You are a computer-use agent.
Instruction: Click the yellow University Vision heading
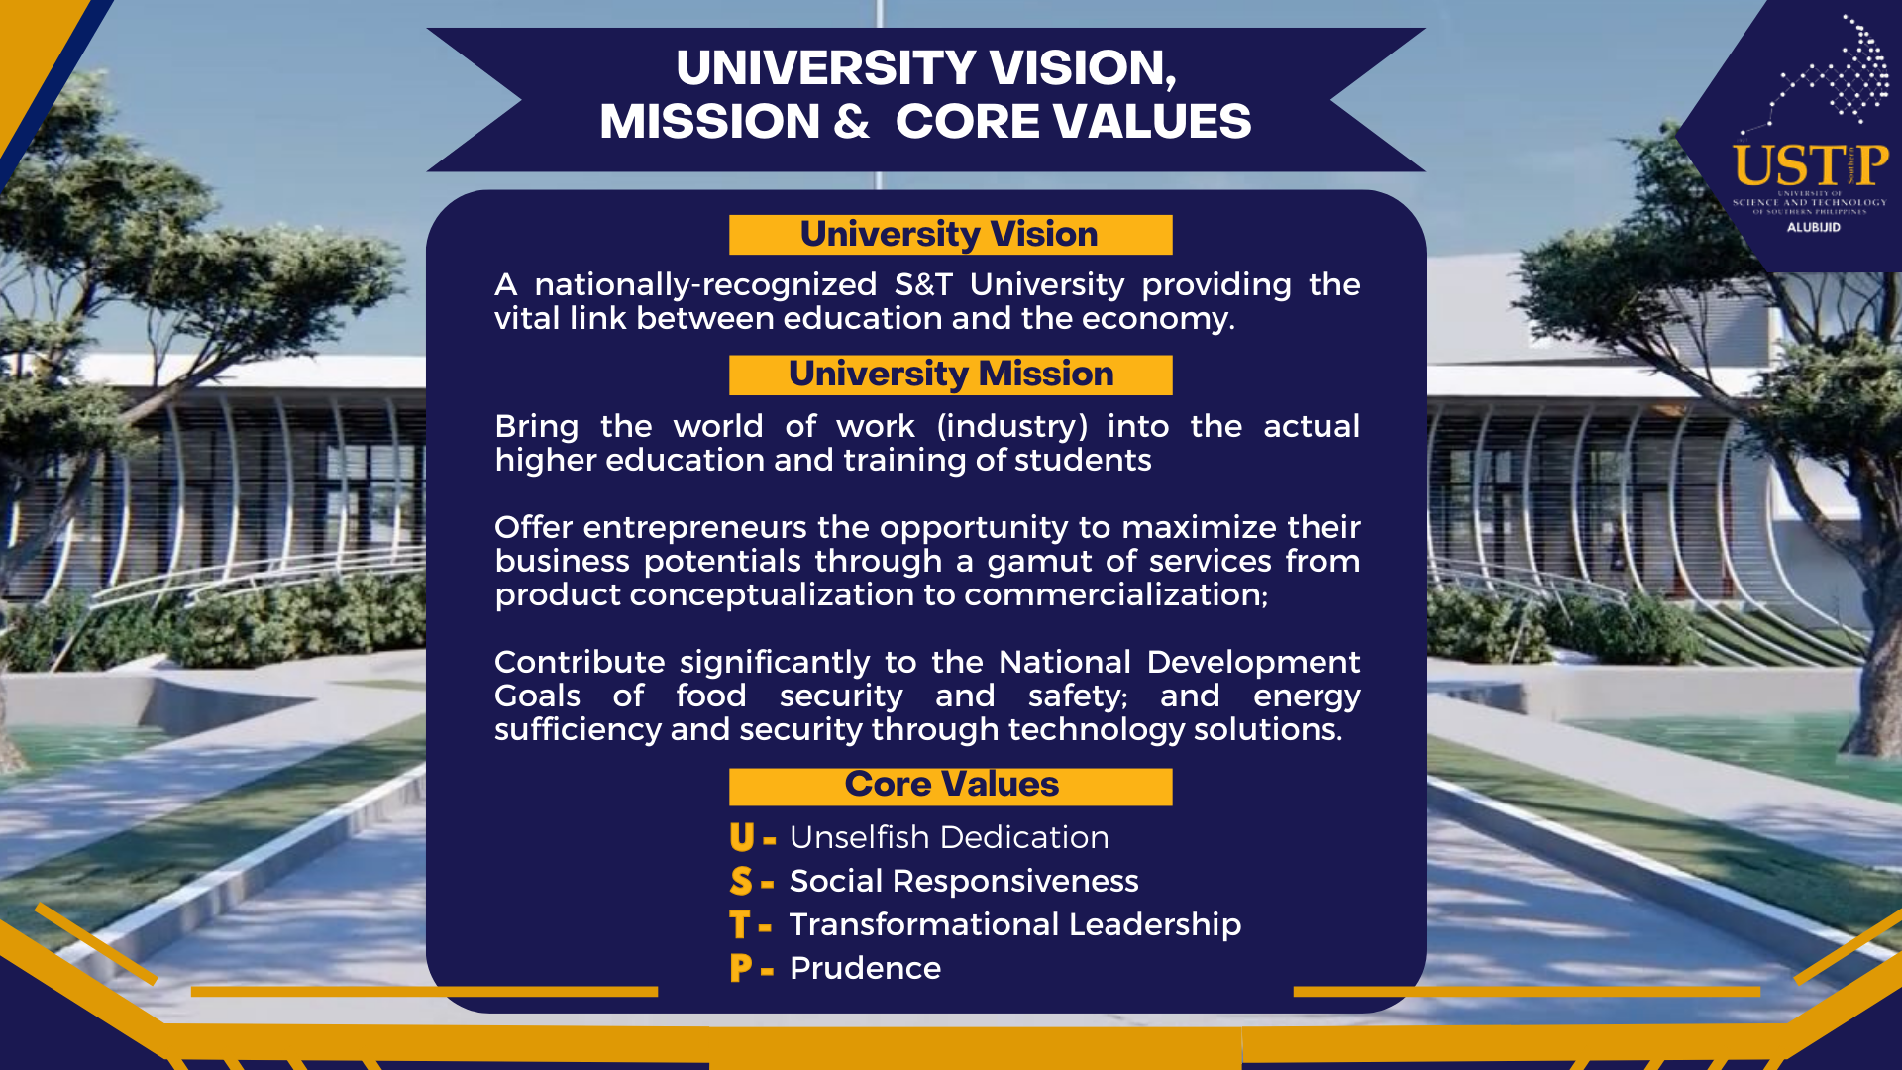[949, 235]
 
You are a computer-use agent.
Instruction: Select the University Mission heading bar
[950, 374]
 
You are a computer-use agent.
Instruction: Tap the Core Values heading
[950, 785]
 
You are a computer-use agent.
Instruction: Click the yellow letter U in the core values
[742, 838]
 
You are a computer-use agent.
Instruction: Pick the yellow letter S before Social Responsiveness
[741, 882]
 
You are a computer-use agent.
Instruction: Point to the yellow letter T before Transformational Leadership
[739, 925]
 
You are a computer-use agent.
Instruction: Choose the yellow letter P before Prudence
[740, 969]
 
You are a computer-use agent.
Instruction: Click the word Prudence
[865, 969]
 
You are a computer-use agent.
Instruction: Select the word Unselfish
[859, 838]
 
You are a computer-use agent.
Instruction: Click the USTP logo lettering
[1810, 166]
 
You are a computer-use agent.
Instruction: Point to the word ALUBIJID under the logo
[1813, 228]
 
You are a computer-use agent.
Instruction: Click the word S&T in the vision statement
[922, 285]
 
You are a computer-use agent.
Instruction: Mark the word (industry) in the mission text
[1011, 427]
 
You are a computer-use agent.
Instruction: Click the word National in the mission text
[1064, 663]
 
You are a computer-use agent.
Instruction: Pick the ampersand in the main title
[851, 122]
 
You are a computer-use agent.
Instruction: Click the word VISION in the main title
[1082, 68]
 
